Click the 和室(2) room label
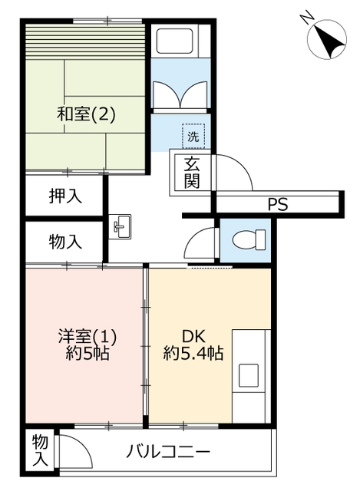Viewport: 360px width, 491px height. [x=86, y=114]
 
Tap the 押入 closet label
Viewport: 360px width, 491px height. [x=65, y=196]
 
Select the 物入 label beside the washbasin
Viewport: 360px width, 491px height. [x=65, y=242]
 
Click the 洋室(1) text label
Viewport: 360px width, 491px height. [x=88, y=337]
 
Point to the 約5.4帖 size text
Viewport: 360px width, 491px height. [x=193, y=353]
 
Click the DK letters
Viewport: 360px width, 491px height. [x=194, y=337]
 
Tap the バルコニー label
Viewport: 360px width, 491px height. [x=168, y=452]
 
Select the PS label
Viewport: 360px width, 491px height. [x=278, y=205]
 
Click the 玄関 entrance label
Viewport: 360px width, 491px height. [x=192, y=173]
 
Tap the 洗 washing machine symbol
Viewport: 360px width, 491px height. [x=193, y=136]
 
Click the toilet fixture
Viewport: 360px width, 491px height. [x=249, y=240]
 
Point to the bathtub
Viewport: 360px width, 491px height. [x=174, y=41]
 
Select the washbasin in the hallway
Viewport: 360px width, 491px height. [x=120, y=227]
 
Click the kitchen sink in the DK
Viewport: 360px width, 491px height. [x=249, y=375]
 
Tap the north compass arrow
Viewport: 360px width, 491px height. [x=328, y=41]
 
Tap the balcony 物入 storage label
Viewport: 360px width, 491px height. [x=40, y=450]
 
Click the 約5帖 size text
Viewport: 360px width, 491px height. [x=88, y=353]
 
